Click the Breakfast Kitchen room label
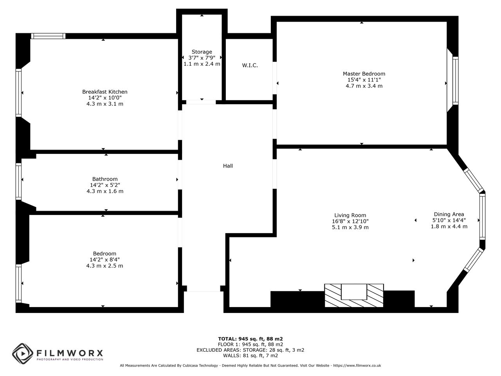pyautogui.click(x=105, y=92)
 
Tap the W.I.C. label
pyautogui.click(x=250, y=65)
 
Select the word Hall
pyautogui.click(x=228, y=166)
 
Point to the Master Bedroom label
pyautogui.click(x=364, y=74)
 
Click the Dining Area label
pyautogui.click(x=449, y=214)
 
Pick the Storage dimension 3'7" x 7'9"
pyautogui.click(x=202, y=58)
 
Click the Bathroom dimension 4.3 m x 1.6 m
pyautogui.click(x=105, y=191)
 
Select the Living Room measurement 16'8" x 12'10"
pyautogui.click(x=350, y=221)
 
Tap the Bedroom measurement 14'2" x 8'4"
pyautogui.click(x=105, y=260)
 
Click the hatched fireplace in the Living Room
pyautogui.click(x=354, y=295)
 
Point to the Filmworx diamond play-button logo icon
pyautogui.click(x=23, y=354)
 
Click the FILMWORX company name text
pyautogui.click(x=70, y=353)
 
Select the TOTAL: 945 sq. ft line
pyautogui.click(x=250, y=339)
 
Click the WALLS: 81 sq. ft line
pyautogui.click(x=250, y=356)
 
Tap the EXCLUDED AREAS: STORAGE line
pyautogui.click(x=250, y=350)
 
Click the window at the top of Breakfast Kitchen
pyautogui.click(x=48, y=36)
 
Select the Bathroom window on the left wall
pyautogui.click(x=18, y=181)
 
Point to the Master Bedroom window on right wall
pyautogui.click(x=455, y=81)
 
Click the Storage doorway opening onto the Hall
pyautogui.click(x=201, y=102)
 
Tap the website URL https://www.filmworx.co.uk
pyautogui.click(x=357, y=365)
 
